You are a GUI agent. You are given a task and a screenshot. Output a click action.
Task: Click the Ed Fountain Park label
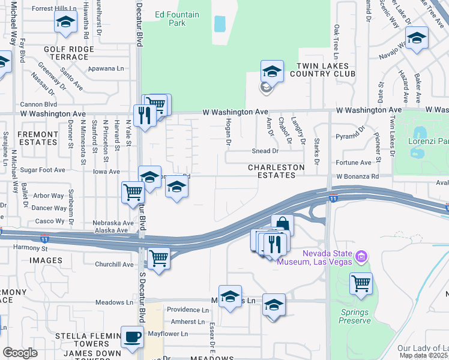pyautogui.click(x=170, y=19)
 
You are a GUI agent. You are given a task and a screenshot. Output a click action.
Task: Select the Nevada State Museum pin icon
pyautogui.click(x=361, y=257)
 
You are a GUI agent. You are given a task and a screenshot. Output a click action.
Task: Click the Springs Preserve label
pyautogui.click(x=355, y=316)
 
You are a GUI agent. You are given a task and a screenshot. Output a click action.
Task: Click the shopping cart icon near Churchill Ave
pyautogui.click(x=158, y=259)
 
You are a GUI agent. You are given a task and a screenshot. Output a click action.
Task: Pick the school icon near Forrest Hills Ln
pyautogui.click(x=65, y=23)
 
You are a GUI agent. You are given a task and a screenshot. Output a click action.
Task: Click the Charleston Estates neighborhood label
pyautogui.click(x=277, y=171)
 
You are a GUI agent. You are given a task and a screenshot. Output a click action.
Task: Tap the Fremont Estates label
pyautogui.click(x=37, y=138)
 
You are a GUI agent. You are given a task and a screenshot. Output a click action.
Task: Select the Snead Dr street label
pyautogui.click(x=265, y=152)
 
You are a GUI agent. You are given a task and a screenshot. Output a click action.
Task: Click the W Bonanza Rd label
pyautogui.click(x=358, y=176)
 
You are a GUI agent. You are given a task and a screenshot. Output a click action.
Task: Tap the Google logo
pyautogui.click(x=20, y=353)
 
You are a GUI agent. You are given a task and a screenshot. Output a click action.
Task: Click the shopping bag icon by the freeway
pyautogui.click(x=282, y=225)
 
